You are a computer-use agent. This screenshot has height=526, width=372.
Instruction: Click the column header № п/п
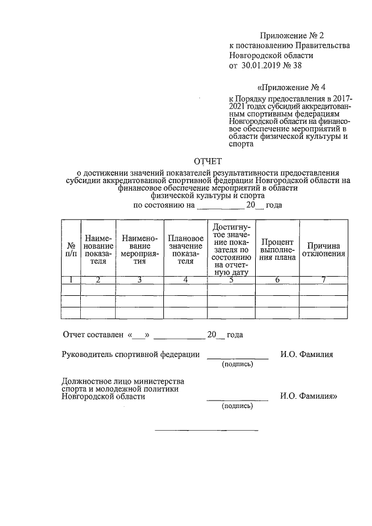tap(70, 249)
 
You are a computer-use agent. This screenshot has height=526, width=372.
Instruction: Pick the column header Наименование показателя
tap(98, 249)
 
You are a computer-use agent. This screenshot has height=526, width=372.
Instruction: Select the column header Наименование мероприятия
tap(139, 249)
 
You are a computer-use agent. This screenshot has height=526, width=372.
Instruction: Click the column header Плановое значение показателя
tap(185, 249)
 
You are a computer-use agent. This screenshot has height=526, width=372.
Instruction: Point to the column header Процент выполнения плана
tap(277, 249)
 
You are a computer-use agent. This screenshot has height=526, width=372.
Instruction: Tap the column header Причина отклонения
tap(323, 249)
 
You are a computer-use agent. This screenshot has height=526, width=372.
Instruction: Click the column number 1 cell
tap(70, 280)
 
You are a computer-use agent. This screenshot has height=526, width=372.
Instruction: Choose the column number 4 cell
tap(185, 280)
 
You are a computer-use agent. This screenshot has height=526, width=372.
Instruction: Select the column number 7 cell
tap(323, 280)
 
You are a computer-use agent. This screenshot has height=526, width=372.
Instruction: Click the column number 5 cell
tap(231, 280)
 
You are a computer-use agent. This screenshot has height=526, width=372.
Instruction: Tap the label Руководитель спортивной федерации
tap(131, 355)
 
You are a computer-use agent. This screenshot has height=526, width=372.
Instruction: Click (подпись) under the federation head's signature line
tap(237, 365)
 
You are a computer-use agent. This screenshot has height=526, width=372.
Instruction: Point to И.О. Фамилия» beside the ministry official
tap(309, 397)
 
